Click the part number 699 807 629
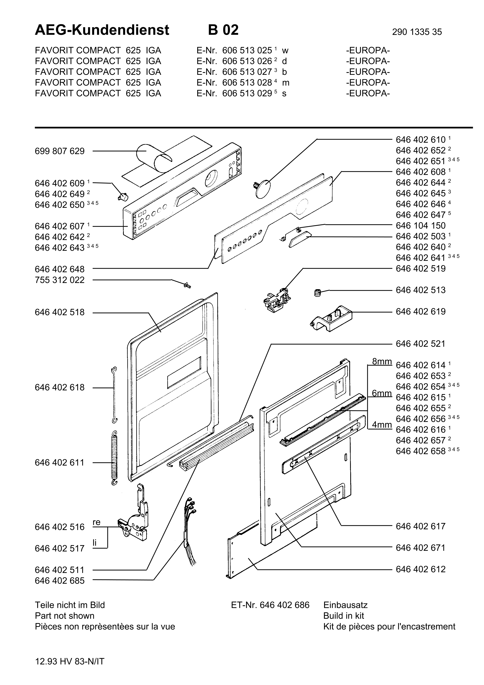[60, 151]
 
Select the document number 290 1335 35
[417, 32]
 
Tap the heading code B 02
[223, 30]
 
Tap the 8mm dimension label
[382, 361]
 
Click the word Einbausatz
[345, 605]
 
